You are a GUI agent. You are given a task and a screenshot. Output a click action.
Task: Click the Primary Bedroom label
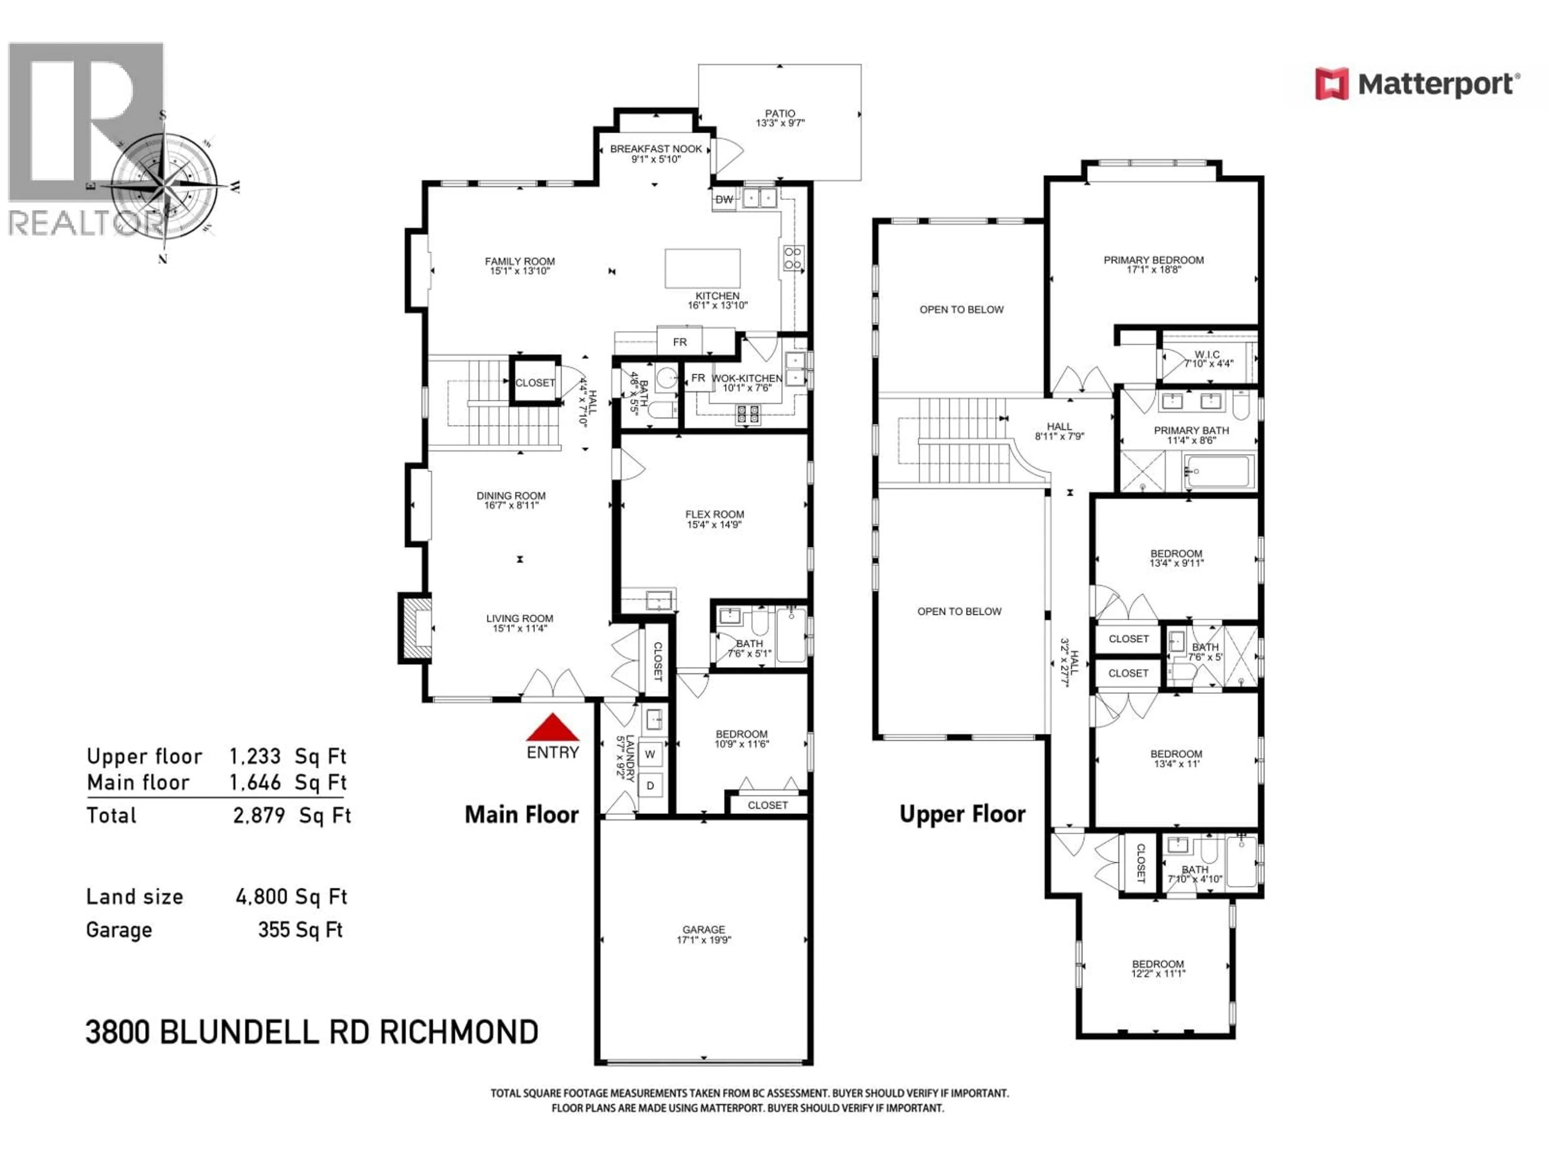[1153, 264]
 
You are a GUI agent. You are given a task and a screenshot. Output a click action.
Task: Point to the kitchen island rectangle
[702, 268]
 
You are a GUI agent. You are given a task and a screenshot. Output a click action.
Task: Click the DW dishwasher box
[724, 200]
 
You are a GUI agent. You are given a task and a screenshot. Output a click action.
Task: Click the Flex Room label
[714, 519]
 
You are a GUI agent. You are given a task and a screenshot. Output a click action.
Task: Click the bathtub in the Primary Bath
[1219, 471]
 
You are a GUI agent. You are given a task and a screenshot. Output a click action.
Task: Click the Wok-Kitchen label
[747, 382]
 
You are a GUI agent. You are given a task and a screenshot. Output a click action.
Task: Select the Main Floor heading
[522, 815]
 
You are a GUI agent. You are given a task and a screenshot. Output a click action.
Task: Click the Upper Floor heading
[962, 814]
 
